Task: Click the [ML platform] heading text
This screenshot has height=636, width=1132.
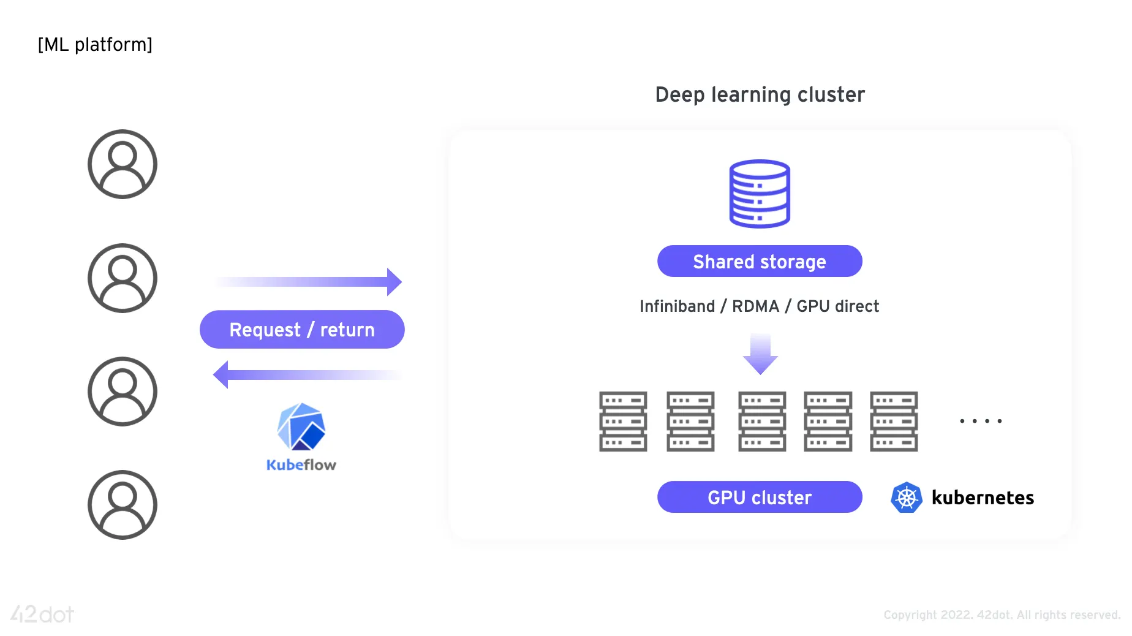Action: pos(95,45)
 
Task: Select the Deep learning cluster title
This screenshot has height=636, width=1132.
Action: pos(760,95)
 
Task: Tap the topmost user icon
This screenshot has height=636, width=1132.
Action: pos(123,164)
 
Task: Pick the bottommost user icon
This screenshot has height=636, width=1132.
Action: pos(123,505)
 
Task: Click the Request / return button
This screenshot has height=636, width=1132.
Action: pos(302,330)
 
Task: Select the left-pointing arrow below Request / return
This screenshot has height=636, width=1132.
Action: pos(306,374)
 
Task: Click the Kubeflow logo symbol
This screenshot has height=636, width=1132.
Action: pos(301,427)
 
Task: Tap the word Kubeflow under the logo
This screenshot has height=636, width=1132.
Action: pos(301,465)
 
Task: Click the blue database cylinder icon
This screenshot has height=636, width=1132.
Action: pos(760,194)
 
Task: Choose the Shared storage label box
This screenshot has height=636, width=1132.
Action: pos(760,262)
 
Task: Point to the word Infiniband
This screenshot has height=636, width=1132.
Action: pos(677,306)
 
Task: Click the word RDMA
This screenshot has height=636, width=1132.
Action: pos(755,306)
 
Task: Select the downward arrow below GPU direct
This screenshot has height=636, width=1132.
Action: pos(760,354)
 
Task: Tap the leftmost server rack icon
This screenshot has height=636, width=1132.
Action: pos(623,422)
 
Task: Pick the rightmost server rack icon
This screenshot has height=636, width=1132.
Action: pos(894,422)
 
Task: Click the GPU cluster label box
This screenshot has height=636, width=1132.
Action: pos(760,498)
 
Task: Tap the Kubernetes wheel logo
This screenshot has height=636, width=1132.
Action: pos(907,498)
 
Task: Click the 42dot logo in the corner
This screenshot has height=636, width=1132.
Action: pos(42,614)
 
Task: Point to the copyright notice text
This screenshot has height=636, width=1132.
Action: pos(1002,615)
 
